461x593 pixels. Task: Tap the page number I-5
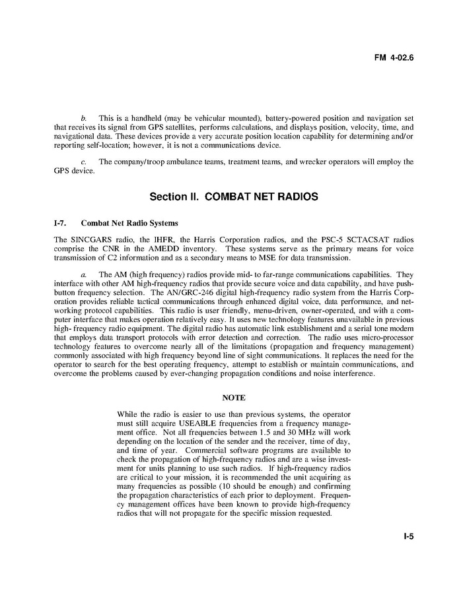[x=408, y=537]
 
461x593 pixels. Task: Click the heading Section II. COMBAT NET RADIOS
[x=234, y=197]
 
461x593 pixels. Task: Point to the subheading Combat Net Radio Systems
[x=129, y=223]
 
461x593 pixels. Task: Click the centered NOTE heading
[x=234, y=398]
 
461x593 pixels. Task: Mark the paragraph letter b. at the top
[x=83, y=117]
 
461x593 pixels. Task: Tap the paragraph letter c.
[x=83, y=162]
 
